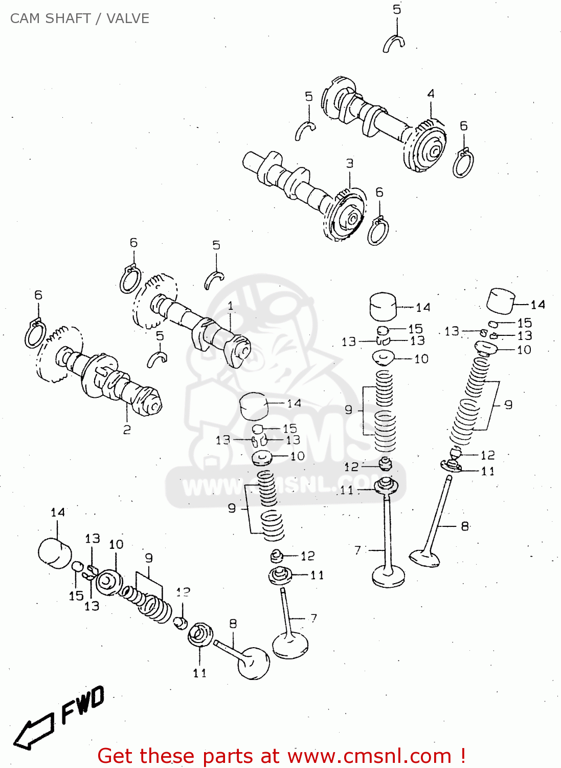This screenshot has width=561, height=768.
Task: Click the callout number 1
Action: (230, 306)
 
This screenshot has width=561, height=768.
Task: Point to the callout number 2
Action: (127, 430)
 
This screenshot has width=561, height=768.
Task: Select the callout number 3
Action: (350, 163)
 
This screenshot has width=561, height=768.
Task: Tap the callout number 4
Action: (431, 94)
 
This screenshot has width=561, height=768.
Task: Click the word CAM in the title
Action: (25, 18)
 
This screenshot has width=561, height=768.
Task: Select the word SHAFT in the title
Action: (68, 18)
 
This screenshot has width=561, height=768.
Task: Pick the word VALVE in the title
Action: (128, 18)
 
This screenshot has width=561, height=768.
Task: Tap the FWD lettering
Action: (83, 705)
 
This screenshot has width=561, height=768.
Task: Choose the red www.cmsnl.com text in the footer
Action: (369, 756)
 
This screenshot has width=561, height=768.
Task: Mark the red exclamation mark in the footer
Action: (462, 756)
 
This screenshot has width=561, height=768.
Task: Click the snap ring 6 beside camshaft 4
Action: (463, 163)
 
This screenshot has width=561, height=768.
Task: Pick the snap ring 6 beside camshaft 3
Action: (378, 231)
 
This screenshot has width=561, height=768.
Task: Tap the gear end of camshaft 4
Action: (426, 146)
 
